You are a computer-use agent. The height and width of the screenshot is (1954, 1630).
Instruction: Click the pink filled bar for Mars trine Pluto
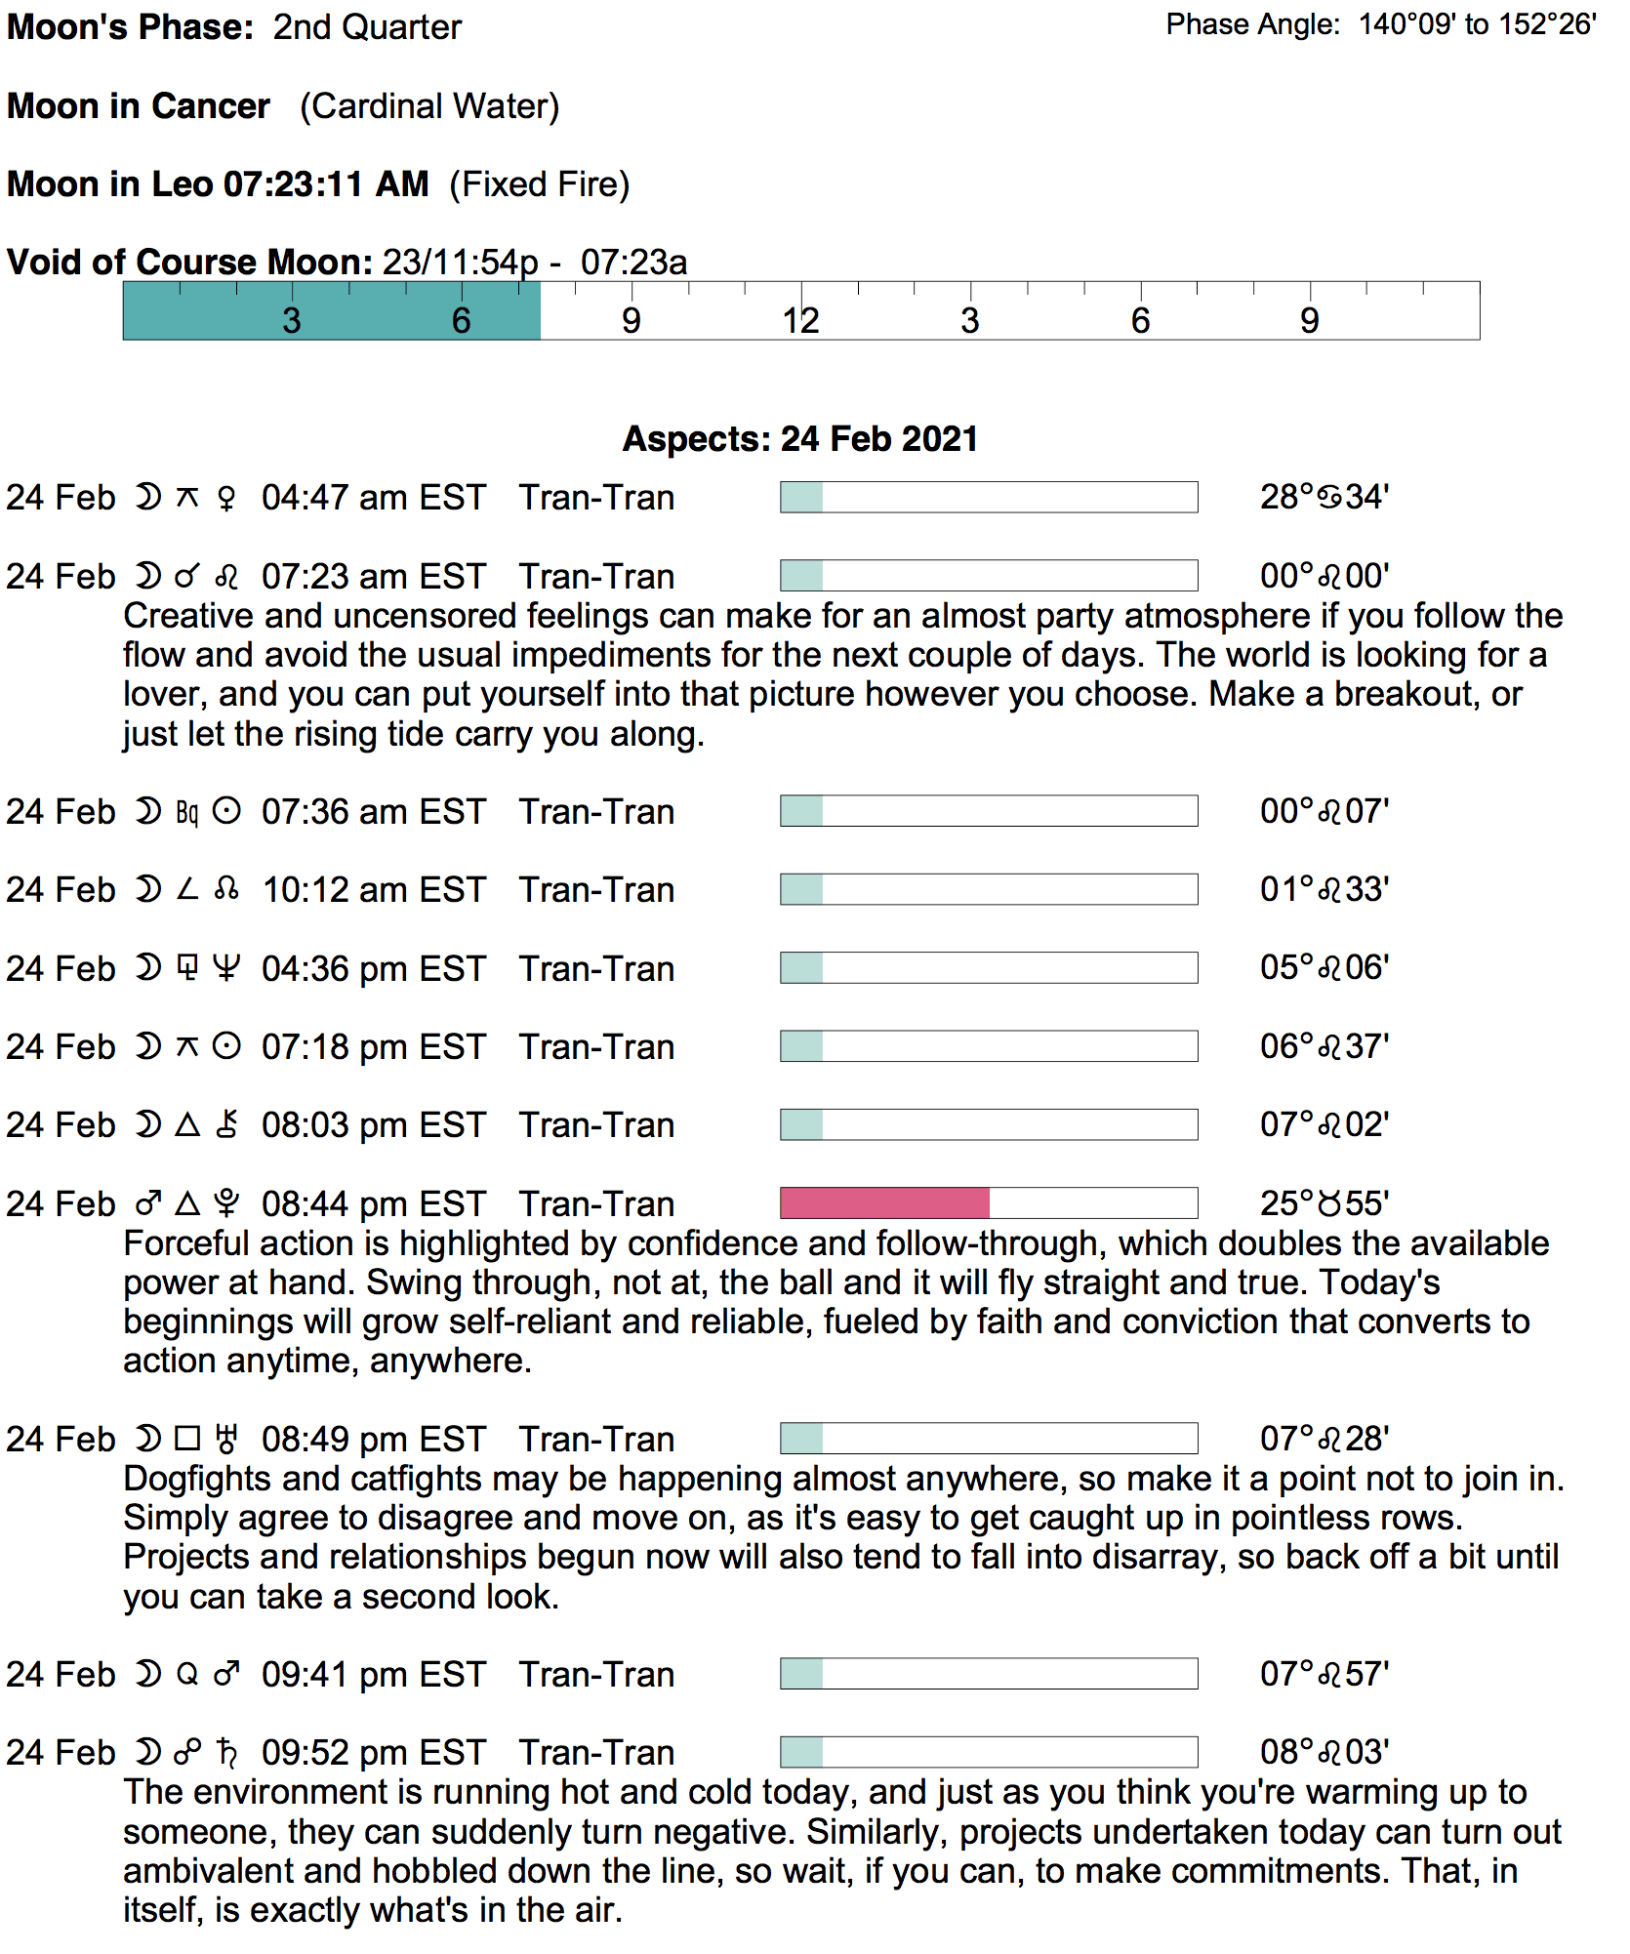tap(884, 1202)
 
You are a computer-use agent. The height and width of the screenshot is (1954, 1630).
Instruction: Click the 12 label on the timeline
tap(800, 320)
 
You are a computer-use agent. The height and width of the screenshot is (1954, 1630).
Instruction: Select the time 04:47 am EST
tap(373, 498)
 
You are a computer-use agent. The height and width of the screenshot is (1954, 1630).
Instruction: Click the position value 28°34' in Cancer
tap(1324, 497)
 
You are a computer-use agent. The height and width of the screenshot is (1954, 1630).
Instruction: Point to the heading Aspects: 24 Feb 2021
tap(800, 439)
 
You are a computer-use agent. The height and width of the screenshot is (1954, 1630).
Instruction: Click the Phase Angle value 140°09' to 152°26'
tap(1477, 24)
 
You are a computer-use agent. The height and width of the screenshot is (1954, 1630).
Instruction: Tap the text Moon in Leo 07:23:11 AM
tap(218, 184)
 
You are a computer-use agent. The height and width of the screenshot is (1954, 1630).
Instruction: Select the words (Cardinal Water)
tap(429, 106)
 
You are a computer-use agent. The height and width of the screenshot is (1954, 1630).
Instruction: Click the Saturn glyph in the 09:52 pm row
tap(226, 1753)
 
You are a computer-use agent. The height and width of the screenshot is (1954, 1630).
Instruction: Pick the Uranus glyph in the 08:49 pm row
tap(226, 1439)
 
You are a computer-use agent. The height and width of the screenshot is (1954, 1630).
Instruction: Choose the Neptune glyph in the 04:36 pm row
tap(226, 968)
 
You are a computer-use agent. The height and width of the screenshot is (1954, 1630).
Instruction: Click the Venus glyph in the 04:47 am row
tap(226, 499)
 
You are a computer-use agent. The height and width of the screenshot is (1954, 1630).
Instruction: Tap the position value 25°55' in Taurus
tap(1324, 1203)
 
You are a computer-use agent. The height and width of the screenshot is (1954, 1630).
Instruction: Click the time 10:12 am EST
tap(373, 890)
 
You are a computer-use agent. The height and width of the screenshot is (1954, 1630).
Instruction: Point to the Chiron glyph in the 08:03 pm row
tap(226, 1125)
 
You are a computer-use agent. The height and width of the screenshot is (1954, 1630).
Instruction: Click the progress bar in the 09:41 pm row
tap(989, 1674)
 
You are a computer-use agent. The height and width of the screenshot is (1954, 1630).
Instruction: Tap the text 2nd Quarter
tap(367, 27)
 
